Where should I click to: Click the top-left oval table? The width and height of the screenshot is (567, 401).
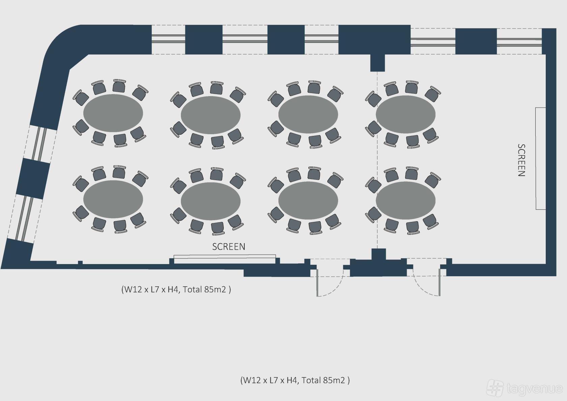click(113, 113)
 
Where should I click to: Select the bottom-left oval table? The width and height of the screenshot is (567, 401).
click(113, 199)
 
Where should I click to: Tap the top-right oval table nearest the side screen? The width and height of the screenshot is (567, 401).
click(406, 114)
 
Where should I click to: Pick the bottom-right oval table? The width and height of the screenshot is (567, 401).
click(406, 200)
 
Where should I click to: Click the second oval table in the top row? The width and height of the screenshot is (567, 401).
click(211, 115)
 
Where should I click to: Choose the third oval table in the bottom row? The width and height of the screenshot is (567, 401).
click(308, 200)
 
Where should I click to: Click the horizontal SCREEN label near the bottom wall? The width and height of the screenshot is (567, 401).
click(228, 247)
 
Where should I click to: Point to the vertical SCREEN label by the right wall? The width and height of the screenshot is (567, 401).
click(521, 160)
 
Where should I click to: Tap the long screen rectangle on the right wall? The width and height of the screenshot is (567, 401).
click(540, 159)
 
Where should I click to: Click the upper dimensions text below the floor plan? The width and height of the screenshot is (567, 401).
click(176, 289)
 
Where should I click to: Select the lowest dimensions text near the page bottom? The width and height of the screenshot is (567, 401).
click(295, 380)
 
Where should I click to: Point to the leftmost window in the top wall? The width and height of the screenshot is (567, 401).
click(168, 39)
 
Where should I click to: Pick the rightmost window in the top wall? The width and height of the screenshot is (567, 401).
click(519, 41)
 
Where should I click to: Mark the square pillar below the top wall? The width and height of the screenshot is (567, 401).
click(377, 63)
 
